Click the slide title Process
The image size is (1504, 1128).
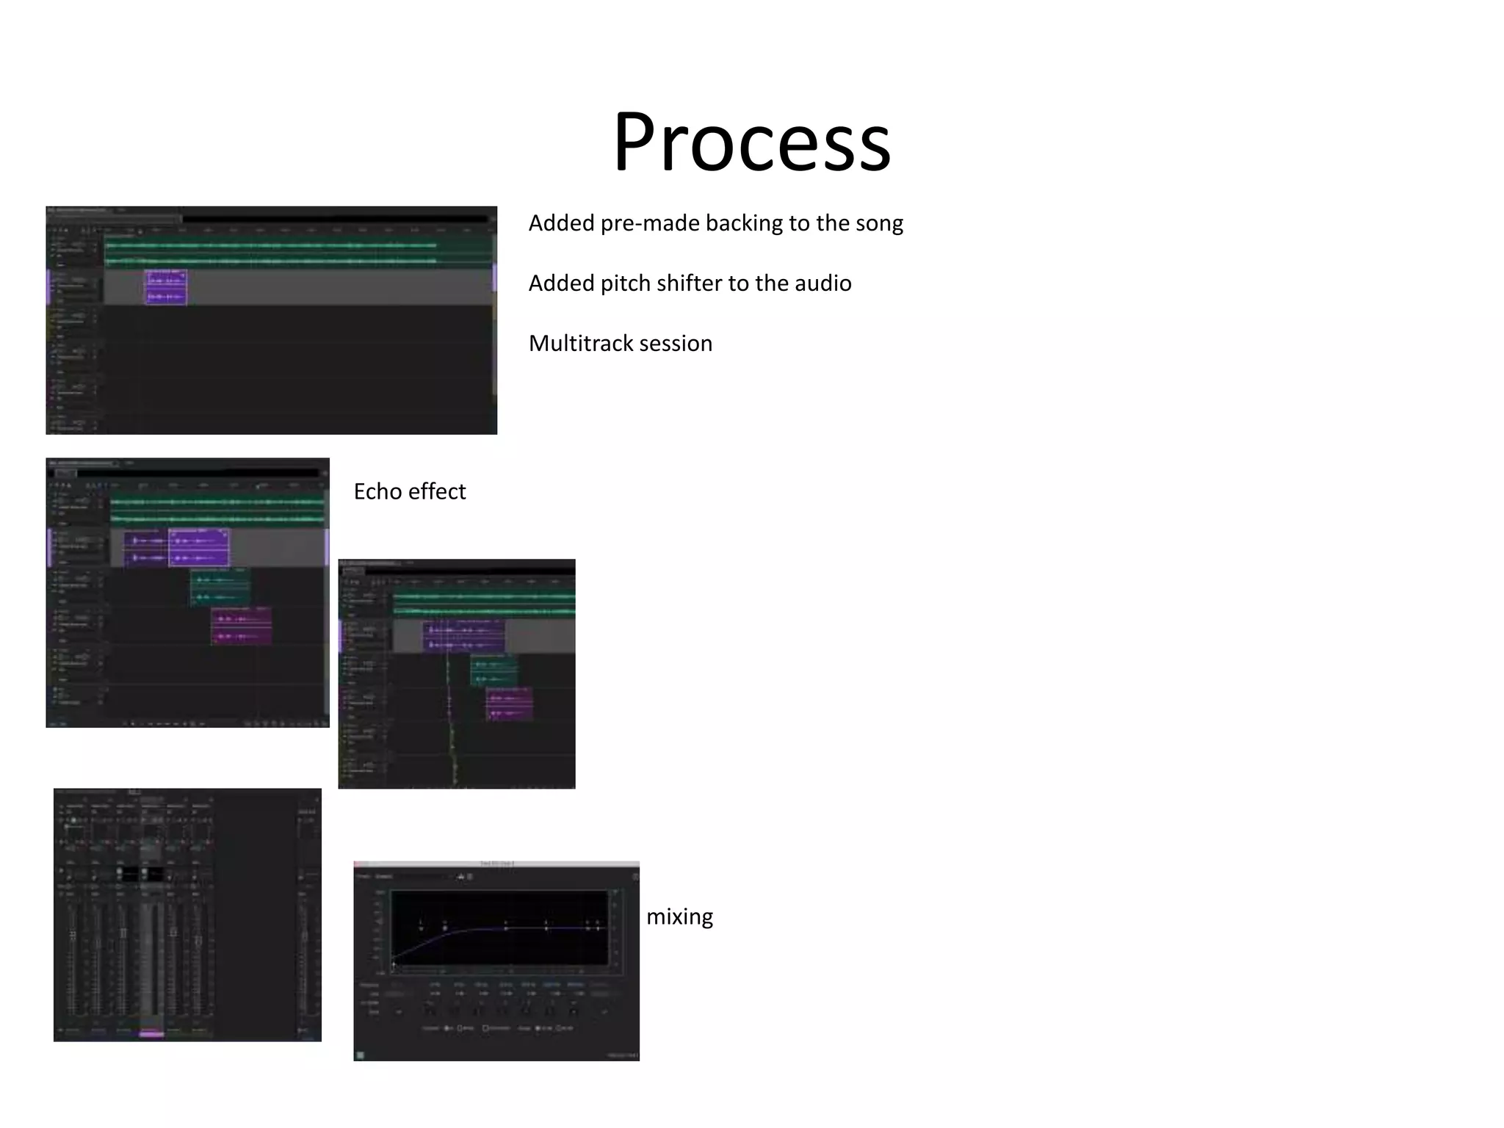coord(752,141)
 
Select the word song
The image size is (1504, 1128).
coord(878,223)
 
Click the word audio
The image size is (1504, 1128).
coord(820,283)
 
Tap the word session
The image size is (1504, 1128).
coord(676,344)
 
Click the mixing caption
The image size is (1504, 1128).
coord(679,916)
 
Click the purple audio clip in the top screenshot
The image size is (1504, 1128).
coord(166,287)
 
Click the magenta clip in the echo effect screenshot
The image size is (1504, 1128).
coord(242,626)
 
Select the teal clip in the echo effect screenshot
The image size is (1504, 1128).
coord(220,587)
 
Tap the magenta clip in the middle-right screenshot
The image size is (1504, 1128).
coord(510,704)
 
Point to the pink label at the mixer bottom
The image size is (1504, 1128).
coord(151,1034)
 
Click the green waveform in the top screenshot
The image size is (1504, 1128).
coord(272,245)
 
